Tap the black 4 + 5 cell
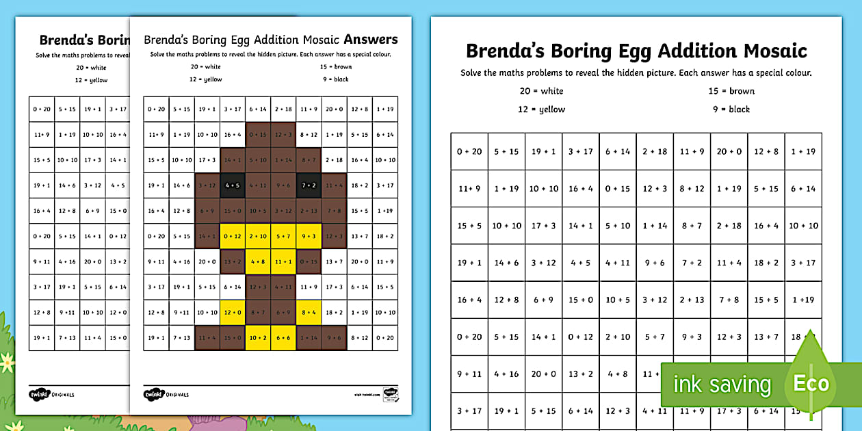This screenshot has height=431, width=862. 233,185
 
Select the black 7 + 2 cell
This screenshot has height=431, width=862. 309,185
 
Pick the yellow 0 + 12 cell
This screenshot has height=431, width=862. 233,236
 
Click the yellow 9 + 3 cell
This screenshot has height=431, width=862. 309,236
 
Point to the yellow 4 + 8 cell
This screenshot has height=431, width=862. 258,261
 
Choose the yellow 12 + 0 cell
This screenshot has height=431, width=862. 233,313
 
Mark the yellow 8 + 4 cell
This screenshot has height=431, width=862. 309,313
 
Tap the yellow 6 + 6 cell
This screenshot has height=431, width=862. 283,338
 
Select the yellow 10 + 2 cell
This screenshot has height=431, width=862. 258,338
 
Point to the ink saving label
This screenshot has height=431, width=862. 722,384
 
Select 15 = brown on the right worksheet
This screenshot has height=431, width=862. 731,91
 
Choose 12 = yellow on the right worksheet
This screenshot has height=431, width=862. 543,109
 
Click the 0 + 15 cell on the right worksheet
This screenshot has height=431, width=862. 618,189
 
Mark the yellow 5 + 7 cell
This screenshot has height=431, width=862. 283,236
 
